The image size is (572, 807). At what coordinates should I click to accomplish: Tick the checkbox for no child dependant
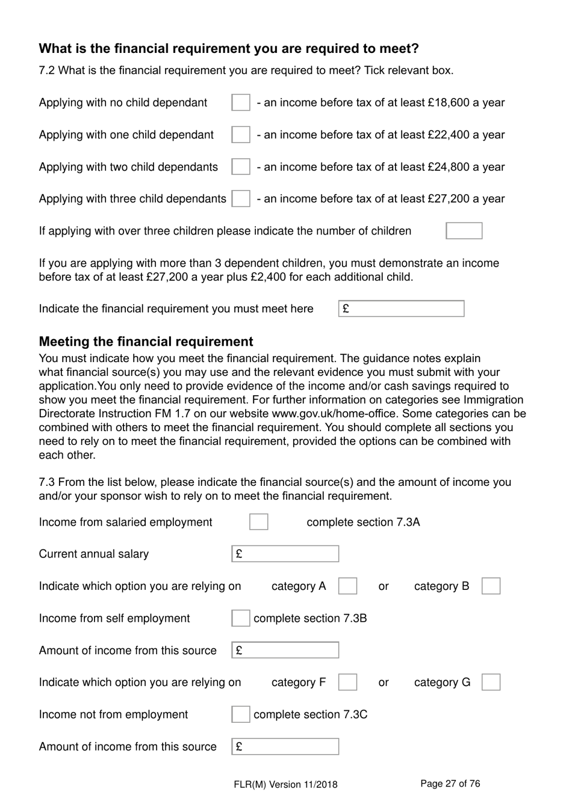click(241, 103)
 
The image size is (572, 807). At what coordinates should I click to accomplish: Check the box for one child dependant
click(241, 135)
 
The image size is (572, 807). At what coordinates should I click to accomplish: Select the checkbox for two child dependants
click(241, 167)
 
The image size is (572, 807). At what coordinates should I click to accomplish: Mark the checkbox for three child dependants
click(241, 198)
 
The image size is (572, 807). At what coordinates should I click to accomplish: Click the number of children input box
click(464, 231)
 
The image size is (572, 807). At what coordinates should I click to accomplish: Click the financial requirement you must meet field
click(401, 308)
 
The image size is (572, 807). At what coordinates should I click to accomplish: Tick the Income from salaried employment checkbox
click(259, 522)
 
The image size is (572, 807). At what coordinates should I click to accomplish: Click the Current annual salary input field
click(285, 554)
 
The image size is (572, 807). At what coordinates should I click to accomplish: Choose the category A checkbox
click(347, 586)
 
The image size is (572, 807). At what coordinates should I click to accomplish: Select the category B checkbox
click(491, 586)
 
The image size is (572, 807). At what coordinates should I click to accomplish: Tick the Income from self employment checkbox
click(241, 618)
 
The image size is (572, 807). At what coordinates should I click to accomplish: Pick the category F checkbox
click(347, 683)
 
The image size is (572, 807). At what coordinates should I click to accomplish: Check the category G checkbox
click(491, 683)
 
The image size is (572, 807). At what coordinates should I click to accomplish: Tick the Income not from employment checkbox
click(241, 714)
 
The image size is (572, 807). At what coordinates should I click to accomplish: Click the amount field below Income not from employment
click(285, 746)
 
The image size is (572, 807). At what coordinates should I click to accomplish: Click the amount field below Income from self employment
click(285, 650)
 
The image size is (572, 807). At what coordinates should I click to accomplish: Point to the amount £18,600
click(449, 103)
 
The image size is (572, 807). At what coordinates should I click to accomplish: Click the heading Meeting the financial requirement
click(146, 342)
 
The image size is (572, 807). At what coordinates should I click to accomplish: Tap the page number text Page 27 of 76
click(450, 784)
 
